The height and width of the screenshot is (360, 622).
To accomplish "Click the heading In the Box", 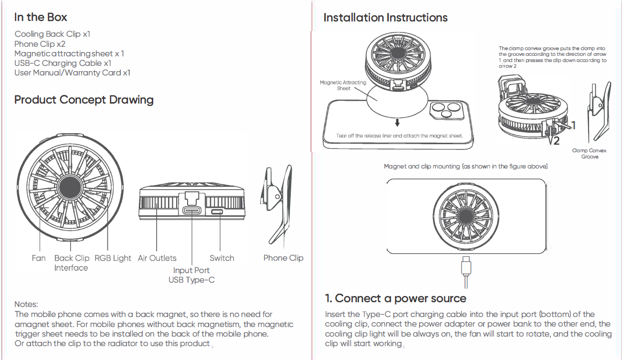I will click(x=41, y=18).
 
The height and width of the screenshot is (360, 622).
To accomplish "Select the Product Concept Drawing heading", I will click(x=84, y=100).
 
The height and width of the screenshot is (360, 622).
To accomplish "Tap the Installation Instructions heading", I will click(x=385, y=18).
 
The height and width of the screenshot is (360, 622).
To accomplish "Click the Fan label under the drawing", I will click(x=39, y=258).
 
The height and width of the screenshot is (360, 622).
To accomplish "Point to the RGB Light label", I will click(x=113, y=258).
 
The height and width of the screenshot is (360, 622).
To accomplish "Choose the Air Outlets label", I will click(x=157, y=258).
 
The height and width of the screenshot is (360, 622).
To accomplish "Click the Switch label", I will click(x=222, y=258).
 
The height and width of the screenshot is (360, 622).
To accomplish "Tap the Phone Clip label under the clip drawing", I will click(x=283, y=258).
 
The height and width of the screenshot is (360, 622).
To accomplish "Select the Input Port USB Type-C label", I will click(x=191, y=275).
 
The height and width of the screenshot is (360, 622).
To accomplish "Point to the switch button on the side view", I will click(x=218, y=212).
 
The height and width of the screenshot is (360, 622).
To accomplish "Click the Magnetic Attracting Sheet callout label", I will click(x=343, y=85).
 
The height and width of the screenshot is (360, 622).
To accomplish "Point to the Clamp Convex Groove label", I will click(x=590, y=154).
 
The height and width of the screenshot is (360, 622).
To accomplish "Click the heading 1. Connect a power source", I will click(x=395, y=299).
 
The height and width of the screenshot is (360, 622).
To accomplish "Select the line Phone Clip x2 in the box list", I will click(x=40, y=44).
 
